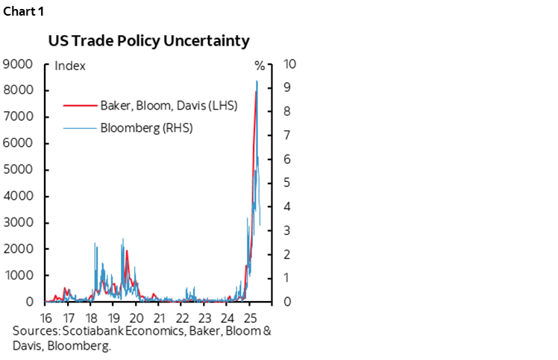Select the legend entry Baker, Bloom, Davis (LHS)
(168, 105)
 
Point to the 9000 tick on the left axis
(17, 64)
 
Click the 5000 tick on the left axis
(17, 170)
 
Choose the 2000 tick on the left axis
(17, 249)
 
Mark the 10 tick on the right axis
(291, 64)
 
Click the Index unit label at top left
(71, 66)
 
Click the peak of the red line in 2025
(256, 92)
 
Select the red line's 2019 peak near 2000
(127, 250)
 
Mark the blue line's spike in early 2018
(95, 244)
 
